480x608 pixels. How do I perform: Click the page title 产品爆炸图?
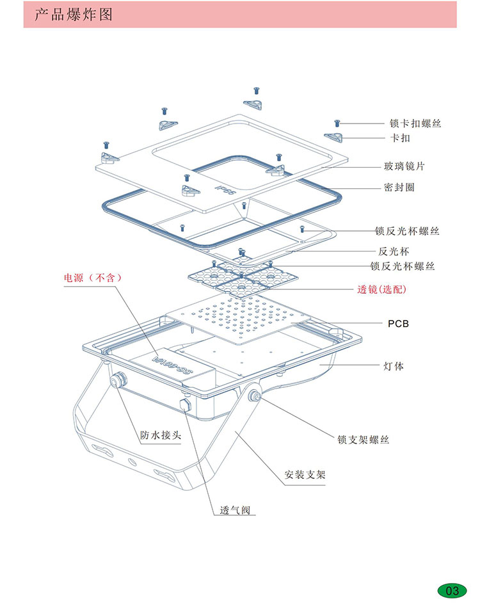pyautogui.click(x=74, y=15)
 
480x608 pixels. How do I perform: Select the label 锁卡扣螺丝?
pyautogui.click(x=415, y=123)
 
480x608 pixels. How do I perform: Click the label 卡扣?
pyautogui.click(x=400, y=138)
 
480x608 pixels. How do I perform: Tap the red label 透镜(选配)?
pyautogui.click(x=381, y=289)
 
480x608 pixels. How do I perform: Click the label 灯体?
pyautogui.click(x=394, y=366)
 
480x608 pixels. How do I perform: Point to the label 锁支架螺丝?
pyautogui.click(x=363, y=440)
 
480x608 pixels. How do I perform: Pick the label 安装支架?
pyautogui.click(x=305, y=476)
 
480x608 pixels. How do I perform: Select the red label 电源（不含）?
pyautogui.click(x=92, y=278)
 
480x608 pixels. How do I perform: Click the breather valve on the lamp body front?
pyautogui.click(x=187, y=404)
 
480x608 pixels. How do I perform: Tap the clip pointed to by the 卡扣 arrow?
pyautogui.click(x=334, y=137)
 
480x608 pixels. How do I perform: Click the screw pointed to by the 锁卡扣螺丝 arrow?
pyautogui.click(x=337, y=122)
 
